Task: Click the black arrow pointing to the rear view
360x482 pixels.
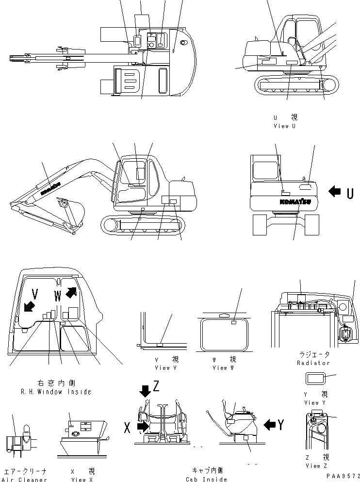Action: [335, 192]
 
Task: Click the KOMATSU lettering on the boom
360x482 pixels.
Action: [50, 189]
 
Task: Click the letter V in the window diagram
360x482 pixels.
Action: [34, 293]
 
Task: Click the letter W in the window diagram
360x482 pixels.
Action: [58, 294]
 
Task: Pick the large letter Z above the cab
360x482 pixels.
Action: [156, 386]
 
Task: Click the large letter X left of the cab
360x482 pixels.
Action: [128, 427]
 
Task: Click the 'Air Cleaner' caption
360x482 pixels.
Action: [25, 480]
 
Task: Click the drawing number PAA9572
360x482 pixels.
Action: [343, 477]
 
